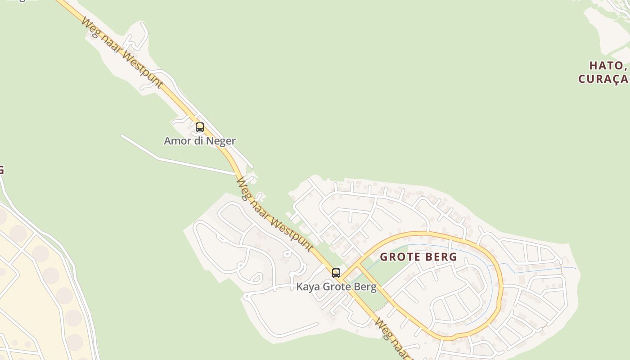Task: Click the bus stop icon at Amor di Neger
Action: click(200, 127)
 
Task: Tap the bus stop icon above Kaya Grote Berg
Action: click(336, 273)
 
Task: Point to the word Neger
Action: click(221, 141)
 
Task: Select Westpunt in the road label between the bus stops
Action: click(292, 230)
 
